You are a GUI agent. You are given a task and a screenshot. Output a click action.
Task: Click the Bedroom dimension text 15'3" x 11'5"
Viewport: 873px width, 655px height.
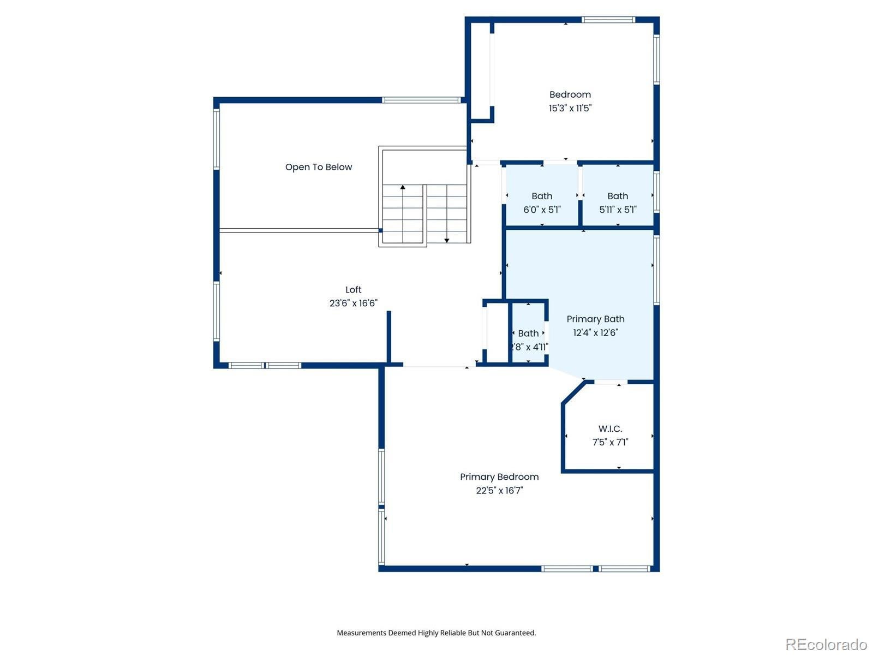tap(570, 108)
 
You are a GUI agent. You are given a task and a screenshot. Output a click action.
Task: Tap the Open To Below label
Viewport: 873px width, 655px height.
tap(319, 167)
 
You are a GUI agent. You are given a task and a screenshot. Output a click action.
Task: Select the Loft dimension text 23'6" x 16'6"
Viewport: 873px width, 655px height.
tap(353, 303)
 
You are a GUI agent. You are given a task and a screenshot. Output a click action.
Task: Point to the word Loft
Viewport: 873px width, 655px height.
tap(353, 289)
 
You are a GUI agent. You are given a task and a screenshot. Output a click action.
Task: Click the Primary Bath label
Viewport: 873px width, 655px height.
tap(595, 319)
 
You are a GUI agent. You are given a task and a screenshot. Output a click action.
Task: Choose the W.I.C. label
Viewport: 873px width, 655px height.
tap(610, 428)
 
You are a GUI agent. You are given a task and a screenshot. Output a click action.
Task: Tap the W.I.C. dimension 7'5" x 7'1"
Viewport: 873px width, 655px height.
tap(610, 442)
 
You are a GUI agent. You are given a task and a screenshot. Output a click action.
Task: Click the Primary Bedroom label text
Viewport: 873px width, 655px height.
tap(499, 477)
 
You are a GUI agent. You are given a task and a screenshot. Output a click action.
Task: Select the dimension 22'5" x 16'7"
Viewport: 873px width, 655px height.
tap(499, 490)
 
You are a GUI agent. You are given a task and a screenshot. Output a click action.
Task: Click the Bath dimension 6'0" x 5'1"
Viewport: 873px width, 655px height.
tap(542, 210)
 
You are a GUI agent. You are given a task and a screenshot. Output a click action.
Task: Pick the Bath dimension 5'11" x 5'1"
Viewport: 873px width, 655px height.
tap(618, 210)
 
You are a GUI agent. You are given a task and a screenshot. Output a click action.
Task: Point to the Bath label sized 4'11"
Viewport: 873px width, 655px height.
tap(528, 334)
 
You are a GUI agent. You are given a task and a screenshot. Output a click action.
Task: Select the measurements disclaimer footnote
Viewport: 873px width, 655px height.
tap(436, 633)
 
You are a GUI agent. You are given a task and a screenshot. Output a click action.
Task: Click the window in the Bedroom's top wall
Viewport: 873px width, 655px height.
tap(608, 20)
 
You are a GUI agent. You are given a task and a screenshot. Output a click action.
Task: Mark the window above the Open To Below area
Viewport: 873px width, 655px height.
tap(422, 100)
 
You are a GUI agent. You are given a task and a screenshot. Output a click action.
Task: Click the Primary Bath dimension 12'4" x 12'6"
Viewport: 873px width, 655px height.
tap(595, 332)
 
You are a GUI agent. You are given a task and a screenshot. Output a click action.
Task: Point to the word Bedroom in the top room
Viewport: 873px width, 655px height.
tap(570, 94)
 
